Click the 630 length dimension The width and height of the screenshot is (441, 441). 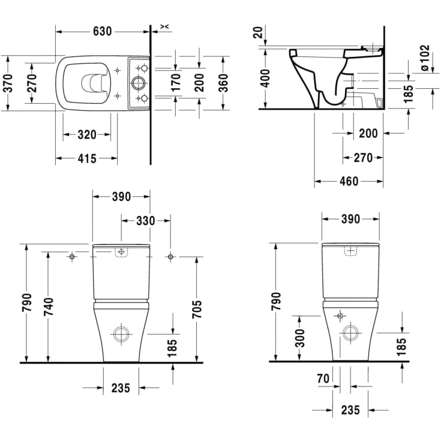[x=103, y=31]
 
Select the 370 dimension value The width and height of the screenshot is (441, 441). [x=8, y=83]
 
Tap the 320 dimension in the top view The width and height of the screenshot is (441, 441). [x=87, y=135]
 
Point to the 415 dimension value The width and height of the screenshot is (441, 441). [x=87, y=158]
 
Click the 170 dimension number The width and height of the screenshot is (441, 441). [x=176, y=82]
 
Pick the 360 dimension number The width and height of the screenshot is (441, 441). [x=224, y=83]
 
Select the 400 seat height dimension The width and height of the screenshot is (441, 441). [x=265, y=78]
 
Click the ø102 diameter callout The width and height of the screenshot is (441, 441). [x=424, y=58]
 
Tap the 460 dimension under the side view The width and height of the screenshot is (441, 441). [x=349, y=181]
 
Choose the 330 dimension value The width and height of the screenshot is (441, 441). [x=145, y=221]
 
